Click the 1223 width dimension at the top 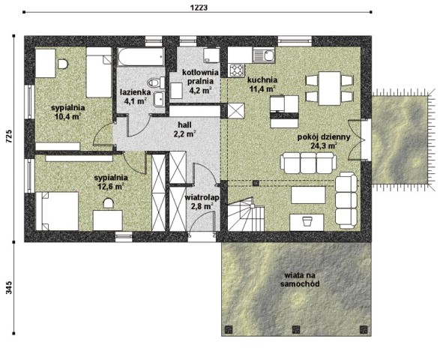(199, 7)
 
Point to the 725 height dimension (9, 136)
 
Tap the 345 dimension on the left (9, 287)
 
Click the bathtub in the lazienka (141, 57)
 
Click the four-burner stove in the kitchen (237, 70)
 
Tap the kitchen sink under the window (263, 55)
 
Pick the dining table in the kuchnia (330, 88)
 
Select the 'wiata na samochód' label (300, 279)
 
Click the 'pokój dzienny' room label (324, 137)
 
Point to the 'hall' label (184, 124)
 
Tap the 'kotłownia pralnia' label (200, 77)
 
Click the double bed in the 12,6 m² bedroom (57, 211)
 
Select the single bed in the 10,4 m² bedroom (99, 72)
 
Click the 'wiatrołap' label (202, 198)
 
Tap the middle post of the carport (296, 328)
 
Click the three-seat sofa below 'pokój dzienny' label (308, 163)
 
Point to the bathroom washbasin (160, 99)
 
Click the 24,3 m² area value (324, 145)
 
